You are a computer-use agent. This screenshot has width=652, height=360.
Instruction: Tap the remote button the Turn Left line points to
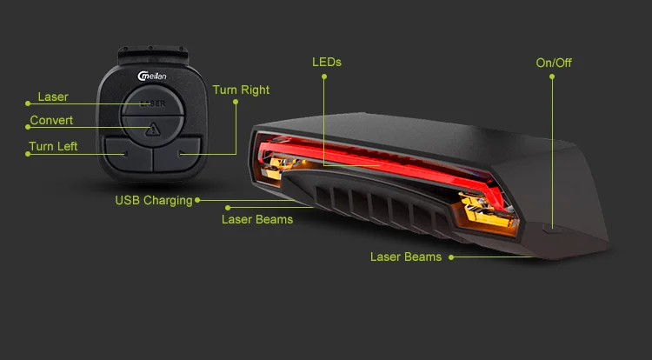click(128, 154)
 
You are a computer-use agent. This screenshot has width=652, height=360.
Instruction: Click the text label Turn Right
click(241, 90)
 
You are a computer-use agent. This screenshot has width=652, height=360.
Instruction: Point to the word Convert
click(51, 121)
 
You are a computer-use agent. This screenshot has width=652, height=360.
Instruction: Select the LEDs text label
click(327, 62)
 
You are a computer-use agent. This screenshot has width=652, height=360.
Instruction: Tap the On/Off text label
click(554, 63)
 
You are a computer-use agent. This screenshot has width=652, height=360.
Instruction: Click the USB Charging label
click(154, 201)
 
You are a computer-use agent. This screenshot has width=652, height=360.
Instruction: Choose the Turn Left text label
click(53, 146)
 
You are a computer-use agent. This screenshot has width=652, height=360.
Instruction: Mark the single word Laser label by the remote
click(53, 97)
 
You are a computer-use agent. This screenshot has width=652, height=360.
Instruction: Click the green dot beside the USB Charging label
click(198, 200)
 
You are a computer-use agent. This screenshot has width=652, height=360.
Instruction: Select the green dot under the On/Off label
click(551, 77)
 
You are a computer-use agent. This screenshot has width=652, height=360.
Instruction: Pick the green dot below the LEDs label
click(324, 77)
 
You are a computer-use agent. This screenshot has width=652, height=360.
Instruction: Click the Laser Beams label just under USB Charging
click(257, 219)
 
